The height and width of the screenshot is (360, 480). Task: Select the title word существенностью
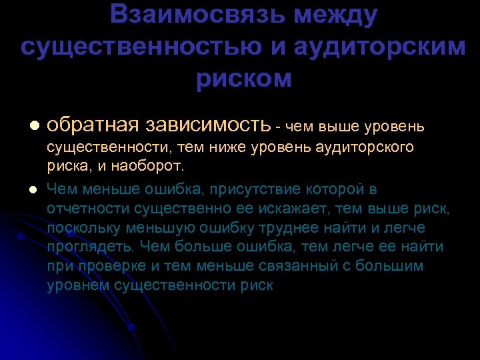[x=149, y=47]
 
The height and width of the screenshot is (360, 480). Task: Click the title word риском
[x=244, y=79]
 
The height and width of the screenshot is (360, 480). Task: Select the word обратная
[x=93, y=125]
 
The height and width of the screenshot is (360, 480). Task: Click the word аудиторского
[x=370, y=146]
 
